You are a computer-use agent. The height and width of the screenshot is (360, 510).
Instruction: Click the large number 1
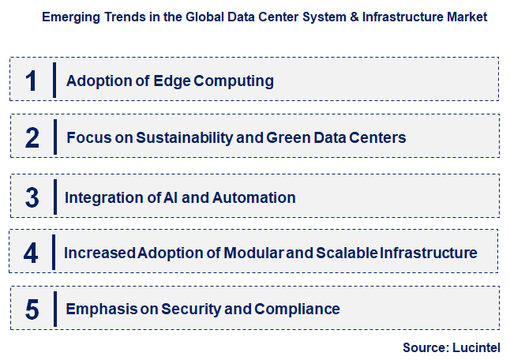click(32, 81)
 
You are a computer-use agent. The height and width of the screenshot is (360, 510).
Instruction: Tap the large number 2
click(32, 137)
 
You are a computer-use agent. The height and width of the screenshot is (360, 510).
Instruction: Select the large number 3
click(32, 197)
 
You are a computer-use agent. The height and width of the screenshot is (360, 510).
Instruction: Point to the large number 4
click(32, 253)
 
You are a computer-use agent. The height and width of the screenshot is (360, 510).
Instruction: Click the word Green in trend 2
click(290, 137)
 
